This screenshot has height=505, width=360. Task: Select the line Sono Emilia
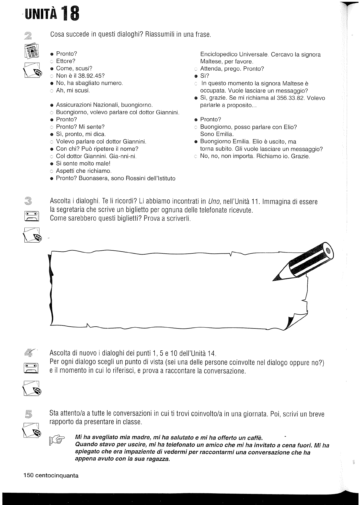click(x=217, y=134)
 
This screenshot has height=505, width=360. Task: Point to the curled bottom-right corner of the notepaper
click(x=291, y=322)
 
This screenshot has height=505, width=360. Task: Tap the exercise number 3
click(x=29, y=201)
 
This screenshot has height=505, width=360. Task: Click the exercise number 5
click(x=29, y=414)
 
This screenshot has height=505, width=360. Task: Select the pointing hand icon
click(x=57, y=440)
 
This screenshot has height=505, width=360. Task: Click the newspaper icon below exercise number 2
click(x=32, y=51)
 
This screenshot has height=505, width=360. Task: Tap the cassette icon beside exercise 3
click(x=31, y=216)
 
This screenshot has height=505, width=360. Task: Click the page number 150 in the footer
click(x=29, y=476)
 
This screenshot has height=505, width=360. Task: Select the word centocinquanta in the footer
click(x=57, y=476)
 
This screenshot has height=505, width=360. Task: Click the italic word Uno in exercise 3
click(x=214, y=201)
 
